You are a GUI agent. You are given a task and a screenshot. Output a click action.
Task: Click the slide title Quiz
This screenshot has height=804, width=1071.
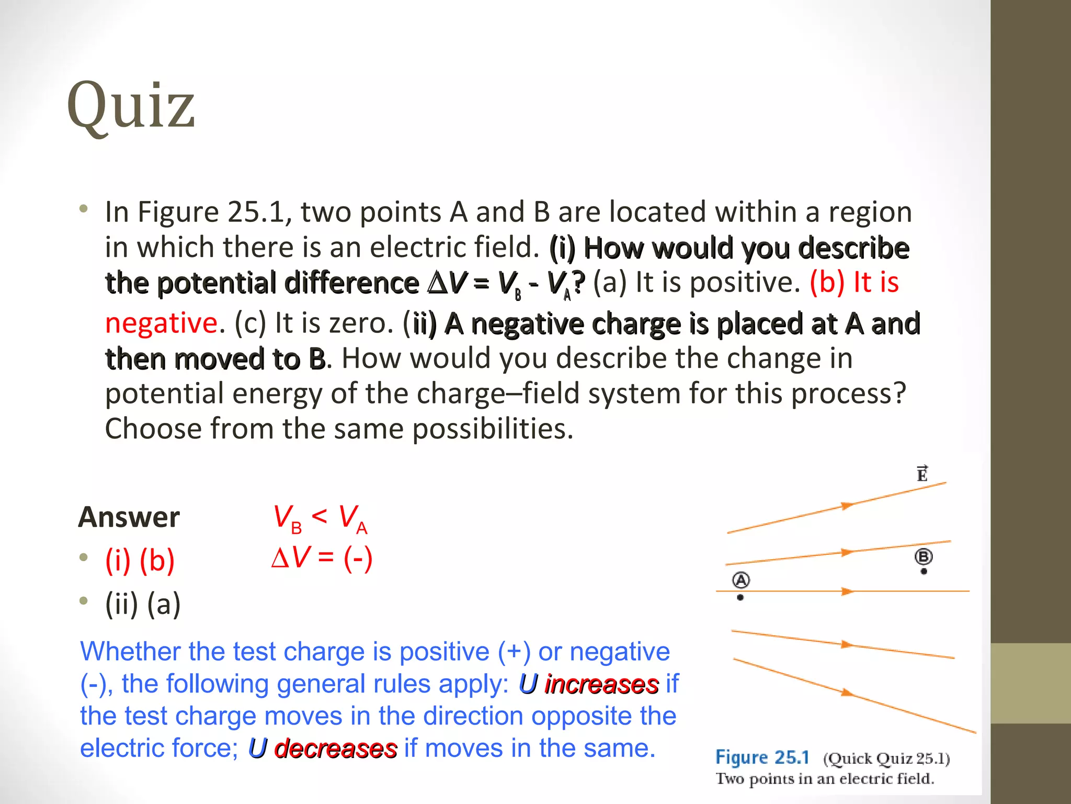tap(131, 106)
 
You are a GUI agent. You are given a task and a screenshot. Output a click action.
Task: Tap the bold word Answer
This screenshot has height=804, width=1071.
tap(129, 517)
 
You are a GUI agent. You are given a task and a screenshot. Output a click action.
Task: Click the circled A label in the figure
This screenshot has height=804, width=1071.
tap(741, 580)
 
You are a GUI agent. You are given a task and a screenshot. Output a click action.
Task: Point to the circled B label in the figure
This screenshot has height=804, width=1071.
tap(924, 556)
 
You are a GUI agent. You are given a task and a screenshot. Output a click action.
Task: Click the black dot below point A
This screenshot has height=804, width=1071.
tap(740, 597)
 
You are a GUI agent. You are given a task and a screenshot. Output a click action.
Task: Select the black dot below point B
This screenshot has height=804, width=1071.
tap(924, 572)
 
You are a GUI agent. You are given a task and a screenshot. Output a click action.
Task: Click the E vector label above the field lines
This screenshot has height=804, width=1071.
tap(922, 473)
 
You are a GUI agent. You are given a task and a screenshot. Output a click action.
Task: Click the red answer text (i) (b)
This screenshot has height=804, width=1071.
tap(140, 561)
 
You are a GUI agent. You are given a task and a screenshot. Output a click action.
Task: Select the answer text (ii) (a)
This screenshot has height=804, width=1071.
tap(143, 604)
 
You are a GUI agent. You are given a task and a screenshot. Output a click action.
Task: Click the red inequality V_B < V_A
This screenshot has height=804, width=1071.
tap(320, 518)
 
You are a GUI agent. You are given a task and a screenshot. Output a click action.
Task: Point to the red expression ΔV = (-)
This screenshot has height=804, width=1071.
tap(322, 557)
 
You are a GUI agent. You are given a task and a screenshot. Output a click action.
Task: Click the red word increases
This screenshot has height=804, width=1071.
tap(601, 684)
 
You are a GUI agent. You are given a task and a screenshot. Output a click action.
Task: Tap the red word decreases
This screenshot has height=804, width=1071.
tap(335, 749)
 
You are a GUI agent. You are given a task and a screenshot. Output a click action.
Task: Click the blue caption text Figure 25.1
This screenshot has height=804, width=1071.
tap(762, 757)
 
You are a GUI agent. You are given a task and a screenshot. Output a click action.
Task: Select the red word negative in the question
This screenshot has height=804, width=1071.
tap(161, 322)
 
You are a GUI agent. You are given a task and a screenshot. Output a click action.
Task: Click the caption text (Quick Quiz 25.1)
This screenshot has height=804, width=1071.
tap(886, 758)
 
